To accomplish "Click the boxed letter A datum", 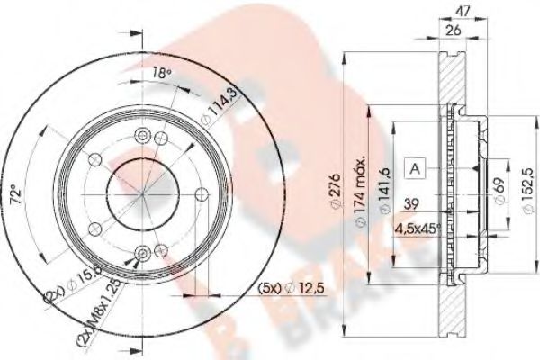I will pos(415,167).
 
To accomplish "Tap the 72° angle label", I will pos(31,197).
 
